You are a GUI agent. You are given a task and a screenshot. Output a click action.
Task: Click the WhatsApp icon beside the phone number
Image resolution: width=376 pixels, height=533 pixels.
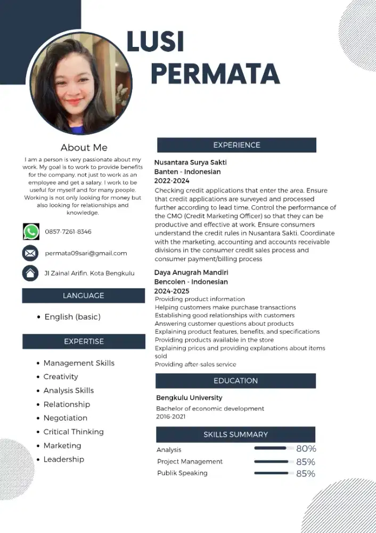pyautogui.click(x=31, y=231)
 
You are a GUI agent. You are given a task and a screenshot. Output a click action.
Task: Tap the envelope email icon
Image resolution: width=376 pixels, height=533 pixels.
pyautogui.click(x=30, y=253)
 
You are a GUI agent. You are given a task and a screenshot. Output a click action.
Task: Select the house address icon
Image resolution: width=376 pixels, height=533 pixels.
pyautogui.click(x=30, y=273)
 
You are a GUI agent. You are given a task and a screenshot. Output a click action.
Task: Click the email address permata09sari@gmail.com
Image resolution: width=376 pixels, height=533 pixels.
pyautogui.click(x=86, y=253)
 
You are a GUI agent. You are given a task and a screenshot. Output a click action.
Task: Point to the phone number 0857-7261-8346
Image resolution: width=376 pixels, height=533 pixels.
pyautogui.click(x=68, y=232)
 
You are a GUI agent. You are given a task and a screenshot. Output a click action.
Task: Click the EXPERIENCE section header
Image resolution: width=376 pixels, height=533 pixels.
pyautogui.click(x=236, y=145)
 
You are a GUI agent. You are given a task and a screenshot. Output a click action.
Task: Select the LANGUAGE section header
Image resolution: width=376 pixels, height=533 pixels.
pyautogui.click(x=83, y=296)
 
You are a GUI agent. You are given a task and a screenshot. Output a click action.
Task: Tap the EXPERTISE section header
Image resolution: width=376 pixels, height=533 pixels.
pyautogui.click(x=84, y=342)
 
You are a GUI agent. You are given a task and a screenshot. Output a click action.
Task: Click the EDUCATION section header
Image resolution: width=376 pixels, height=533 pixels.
pyautogui.click(x=235, y=381)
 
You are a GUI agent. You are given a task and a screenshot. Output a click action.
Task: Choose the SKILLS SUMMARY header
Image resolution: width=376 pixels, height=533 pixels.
pyautogui.click(x=235, y=434)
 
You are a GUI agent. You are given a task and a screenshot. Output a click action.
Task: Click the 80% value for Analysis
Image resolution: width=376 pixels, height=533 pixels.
pyautogui.click(x=306, y=449)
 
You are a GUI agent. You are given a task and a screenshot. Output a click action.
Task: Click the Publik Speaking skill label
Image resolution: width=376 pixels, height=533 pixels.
pyautogui.click(x=182, y=473)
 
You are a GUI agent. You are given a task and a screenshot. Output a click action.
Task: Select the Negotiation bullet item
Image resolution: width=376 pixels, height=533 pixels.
pyautogui.click(x=65, y=418)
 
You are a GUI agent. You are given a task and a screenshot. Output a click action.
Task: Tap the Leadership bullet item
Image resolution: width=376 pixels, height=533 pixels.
pyautogui.click(x=63, y=459)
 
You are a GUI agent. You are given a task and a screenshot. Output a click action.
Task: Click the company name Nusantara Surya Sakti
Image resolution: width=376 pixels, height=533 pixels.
pyautogui.click(x=190, y=163)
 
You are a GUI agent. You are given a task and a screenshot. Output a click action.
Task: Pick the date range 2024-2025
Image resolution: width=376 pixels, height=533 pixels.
pyautogui.click(x=171, y=291)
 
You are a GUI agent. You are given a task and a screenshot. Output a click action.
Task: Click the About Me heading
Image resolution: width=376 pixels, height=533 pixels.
pyautogui.click(x=84, y=148)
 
